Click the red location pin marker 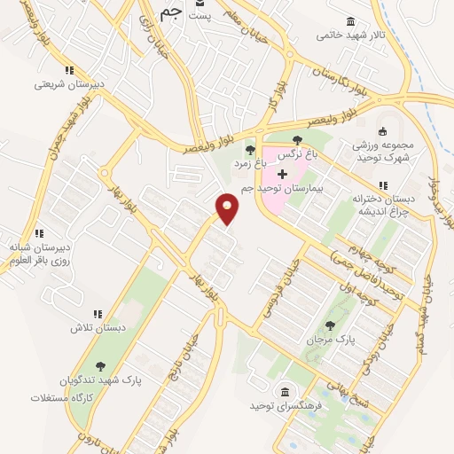(228, 208)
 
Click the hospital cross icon (283, 174)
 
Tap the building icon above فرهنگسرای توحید (285, 392)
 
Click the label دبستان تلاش (95, 327)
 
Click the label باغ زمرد (249, 164)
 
